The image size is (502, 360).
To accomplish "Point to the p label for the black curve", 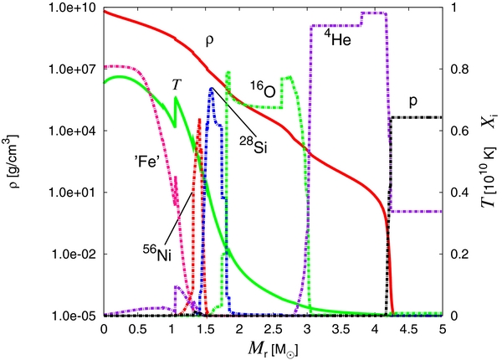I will tap(413, 100).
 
